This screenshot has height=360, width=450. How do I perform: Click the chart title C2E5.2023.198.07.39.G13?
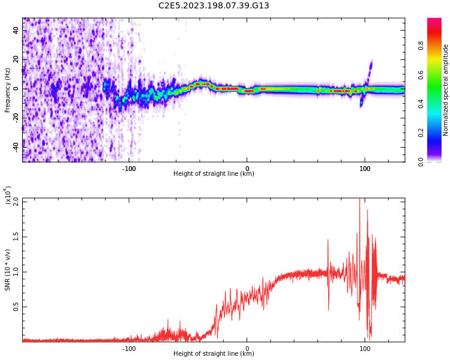(x=214, y=6)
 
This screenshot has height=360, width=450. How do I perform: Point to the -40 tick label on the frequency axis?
(x=16, y=146)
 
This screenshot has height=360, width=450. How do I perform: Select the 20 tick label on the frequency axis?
(x=16, y=59)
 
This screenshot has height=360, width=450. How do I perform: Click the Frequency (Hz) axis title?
(x=8, y=90)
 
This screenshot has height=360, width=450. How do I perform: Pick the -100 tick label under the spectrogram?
(x=129, y=168)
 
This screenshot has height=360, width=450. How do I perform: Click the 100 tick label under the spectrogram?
(x=365, y=168)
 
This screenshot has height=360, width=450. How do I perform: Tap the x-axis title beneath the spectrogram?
(x=214, y=174)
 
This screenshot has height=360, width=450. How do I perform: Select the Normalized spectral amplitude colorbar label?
(x=446, y=90)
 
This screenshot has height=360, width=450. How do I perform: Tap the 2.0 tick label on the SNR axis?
(x=16, y=202)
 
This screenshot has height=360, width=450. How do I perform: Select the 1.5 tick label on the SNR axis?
(x=16, y=236)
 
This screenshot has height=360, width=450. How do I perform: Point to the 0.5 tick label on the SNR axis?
(x=16, y=307)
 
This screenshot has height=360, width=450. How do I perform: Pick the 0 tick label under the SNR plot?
(x=247, y=348)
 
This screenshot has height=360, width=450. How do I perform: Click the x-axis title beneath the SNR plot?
(x=214, y=354)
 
